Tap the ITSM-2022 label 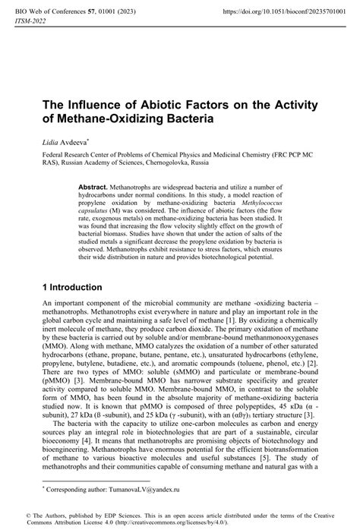coord(31,24)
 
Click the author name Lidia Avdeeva coord(68,142)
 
